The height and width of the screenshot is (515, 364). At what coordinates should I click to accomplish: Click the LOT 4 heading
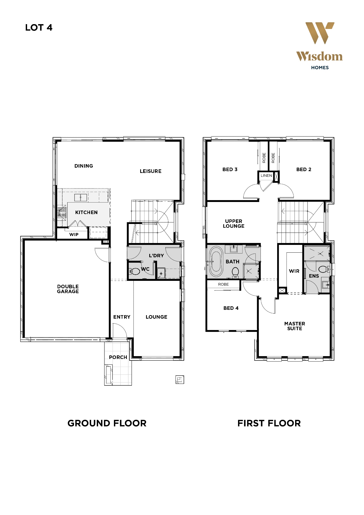click(x=39, y=28)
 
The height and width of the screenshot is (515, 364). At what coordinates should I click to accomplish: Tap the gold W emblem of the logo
click(x=320, y=33)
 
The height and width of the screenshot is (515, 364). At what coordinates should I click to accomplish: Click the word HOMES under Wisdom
click(x=320, y=68)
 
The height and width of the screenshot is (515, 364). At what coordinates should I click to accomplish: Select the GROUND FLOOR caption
click(x=107, y=423)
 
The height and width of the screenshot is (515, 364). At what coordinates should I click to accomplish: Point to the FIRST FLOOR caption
click(x=269, y=423)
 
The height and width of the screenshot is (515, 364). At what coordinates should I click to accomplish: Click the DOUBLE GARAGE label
click(x=68, y=289)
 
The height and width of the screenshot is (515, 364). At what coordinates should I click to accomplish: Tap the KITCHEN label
click(x=86, y=212)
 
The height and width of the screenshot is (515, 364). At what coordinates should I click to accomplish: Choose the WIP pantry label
click(x=74, y=234)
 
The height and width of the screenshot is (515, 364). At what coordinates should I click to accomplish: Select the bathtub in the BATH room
click(x=216, y=262)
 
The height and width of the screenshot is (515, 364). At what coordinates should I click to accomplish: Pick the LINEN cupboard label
click(x=266, y=175)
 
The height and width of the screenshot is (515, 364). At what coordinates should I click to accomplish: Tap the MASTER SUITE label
click(x=295, y=326)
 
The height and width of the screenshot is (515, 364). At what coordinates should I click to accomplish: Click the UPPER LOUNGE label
click(x=233, y=223)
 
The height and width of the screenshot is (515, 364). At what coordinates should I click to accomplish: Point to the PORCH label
click(x=118, y=357)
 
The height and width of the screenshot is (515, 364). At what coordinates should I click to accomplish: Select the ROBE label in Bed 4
click(x=223, y=284)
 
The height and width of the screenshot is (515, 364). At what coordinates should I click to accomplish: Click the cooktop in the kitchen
click(x=62, y=213)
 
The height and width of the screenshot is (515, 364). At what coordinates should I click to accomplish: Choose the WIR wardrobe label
click(x=294, y=271)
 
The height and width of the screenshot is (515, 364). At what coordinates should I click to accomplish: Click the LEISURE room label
click(x=151, y=171)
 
